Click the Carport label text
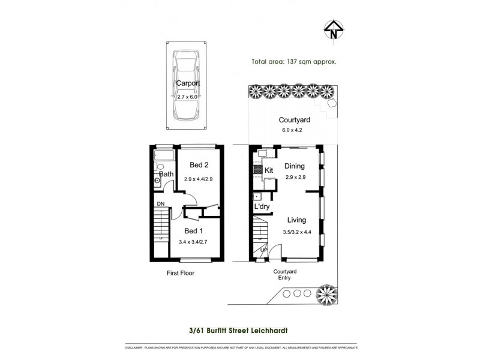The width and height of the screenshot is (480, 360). tap(188, 84)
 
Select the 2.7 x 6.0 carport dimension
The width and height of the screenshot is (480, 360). tap(188, 97)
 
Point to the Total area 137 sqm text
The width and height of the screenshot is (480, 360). tap(293, 61)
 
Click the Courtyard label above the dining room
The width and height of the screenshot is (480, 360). tap(294, 120)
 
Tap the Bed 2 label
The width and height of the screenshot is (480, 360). tap(199, 165)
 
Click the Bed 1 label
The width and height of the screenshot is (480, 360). tap(194, 231)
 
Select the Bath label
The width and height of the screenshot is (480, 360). tap(166, 175)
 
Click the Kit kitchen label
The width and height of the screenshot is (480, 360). tap(269, 170)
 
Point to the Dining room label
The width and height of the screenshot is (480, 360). tap(295, 166)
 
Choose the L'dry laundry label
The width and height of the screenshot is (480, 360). tap(262, 207)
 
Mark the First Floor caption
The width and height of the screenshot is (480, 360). tap(180, 272)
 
